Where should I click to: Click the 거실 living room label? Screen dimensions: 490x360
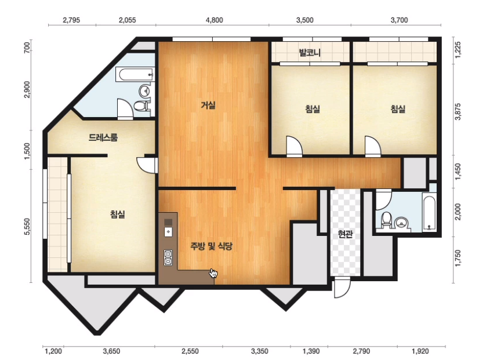tap(208, 106)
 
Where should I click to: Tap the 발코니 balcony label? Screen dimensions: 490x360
tap(310, 52)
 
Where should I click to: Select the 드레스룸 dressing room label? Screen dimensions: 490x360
tap(103, 137)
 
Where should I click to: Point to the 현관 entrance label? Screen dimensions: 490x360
tap(345, 234)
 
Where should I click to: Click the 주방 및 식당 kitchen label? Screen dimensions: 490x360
tap(211, 246)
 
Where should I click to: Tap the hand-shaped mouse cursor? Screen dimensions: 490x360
tap(213, 273)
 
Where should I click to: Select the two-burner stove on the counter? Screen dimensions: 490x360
tap(168, 257)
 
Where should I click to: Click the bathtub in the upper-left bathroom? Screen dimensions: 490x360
tap(135, 75)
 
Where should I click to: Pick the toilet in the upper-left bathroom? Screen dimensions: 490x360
tap(141, 105)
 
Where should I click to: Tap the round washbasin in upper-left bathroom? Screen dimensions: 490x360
tap(146, 90)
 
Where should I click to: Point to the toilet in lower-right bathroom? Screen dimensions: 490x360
tap(387, 220)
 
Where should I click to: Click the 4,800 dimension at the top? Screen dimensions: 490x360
tap(215, 20)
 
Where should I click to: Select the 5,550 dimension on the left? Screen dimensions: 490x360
tap(27, 226)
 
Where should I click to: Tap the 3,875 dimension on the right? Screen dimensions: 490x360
tap(458, 111)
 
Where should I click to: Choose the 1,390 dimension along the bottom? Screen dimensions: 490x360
tap(311, 351)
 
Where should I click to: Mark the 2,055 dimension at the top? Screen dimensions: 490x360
tap(127, 20)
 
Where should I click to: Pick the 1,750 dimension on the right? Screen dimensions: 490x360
tap(458, 258)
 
